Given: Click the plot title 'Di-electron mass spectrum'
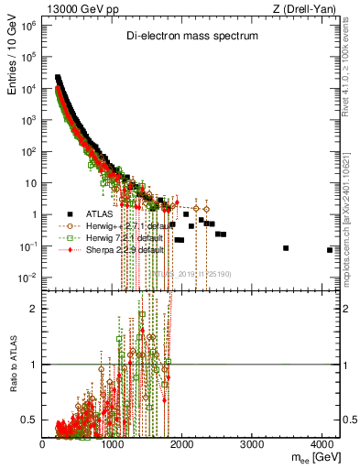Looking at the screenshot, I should click(192, 37).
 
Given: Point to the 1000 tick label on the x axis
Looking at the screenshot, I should click(113, 444).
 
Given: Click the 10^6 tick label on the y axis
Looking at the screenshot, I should click(27, 26).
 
